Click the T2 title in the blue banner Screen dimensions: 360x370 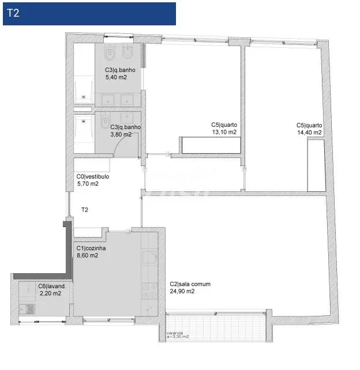pyautogui.click(x=13, y=13)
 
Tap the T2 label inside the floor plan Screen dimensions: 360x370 pyautogui.click(x=85, y=210)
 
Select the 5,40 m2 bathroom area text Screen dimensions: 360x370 pyautogui.click(x=116, y=77)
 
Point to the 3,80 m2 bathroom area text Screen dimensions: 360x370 pyautogui.click(x=121, y=134)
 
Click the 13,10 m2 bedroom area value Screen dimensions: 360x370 pyautogui.click(x=224, y=132)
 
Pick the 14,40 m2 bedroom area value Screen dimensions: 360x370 pyautogui.click(x=309, y=133)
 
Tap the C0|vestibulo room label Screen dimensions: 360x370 pyautogui.click(x=93, y=176)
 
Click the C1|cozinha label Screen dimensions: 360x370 pyautogui.click(x=91, y=248)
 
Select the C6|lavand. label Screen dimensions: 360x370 pyautogui.click(x=52, y=286)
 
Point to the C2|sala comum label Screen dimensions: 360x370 pyautogui.click(x=190, y=284)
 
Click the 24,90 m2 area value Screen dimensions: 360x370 pyautogui.click(x=182, y=292)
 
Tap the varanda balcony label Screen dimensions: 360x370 pyautogui.click(x=175, y=333)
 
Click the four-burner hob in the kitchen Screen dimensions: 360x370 pyautogui.click(x=149, y=290)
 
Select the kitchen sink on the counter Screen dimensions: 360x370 pyautogui.click(x=149, y=257)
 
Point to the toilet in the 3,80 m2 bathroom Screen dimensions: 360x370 pyautogui.click(x=106, y=120)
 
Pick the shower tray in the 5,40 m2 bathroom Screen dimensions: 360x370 pyautogui.click(x=84, y=89)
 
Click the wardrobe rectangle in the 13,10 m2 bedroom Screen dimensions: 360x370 pyautogui.click(x=211, y=145)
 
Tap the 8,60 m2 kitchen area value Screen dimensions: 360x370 pyautogui.click(x=87, y=255)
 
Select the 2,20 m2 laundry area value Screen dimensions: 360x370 pyautogui.click(x=50, y=293)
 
